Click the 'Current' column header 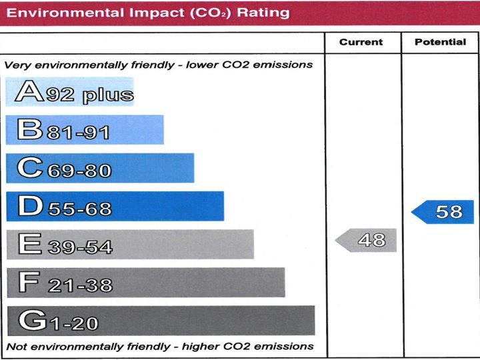click(x=361, y=42)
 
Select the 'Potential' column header click(x=440, y=42)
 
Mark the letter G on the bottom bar click(x=31, y=321)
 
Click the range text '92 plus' click(x=89, y=94)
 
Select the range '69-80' click(x=79, y=171)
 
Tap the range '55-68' click(x=79, y=209)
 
